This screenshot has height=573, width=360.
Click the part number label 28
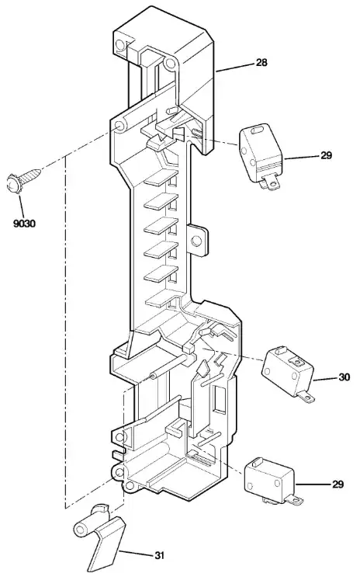[261, 62]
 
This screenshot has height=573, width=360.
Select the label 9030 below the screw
[25, 223]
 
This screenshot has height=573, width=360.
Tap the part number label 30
[344, 377]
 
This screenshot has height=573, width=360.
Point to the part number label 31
[159, 555]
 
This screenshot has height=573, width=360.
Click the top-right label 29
[327, 155]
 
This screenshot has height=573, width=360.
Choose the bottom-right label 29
[338, 484]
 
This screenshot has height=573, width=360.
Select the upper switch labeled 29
[261, 156]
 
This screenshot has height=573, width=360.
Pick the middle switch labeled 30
[288, 373]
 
